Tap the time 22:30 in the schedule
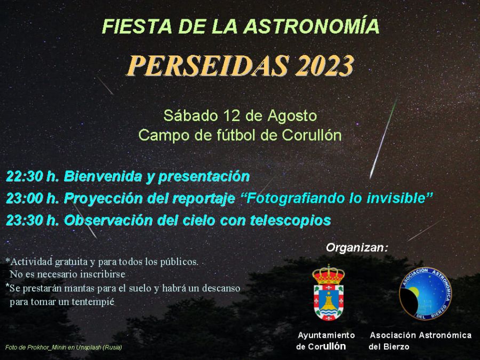click(x=24, y=176)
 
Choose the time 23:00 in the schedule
click(x=24, y=198)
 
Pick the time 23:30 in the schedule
click(x=24, y=220)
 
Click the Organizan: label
click(x=357, y=247)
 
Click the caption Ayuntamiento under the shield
click(x=326, y=335)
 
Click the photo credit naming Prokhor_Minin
click(x=63, y=348)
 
